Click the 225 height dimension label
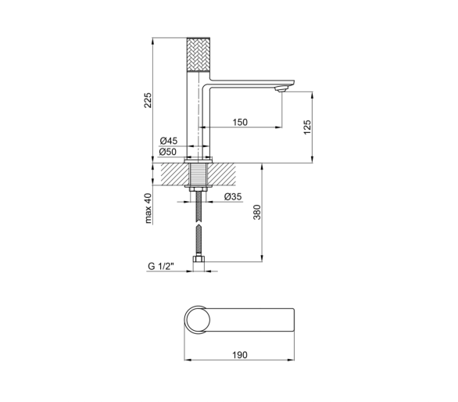coord(148,100)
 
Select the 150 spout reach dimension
coord(240,122)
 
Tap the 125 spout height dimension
coord(307,127)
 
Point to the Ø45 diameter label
coord(169,141)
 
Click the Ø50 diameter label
coord(168,152)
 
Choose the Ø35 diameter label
coord(233,196)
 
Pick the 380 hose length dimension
coord(256,212)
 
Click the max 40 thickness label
coord(148,208)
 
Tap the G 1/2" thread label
coord(161,267)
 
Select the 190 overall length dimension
coord(239,354)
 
